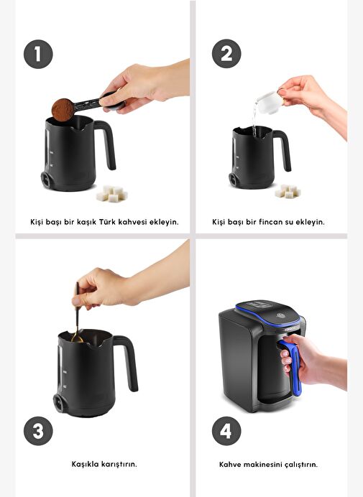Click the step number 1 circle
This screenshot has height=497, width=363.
(38, 54)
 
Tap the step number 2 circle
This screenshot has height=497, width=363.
(226, 54)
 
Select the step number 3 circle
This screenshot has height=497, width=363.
(38, 431)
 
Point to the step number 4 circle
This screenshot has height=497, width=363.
(226, 431)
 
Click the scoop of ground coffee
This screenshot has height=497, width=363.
(63, 110)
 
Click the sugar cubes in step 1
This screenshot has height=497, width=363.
(112, 194)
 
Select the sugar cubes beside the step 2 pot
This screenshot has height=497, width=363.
(288, 191)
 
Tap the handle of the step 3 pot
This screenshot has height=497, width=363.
(129, 361)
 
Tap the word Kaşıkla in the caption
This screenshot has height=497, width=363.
(85, 464)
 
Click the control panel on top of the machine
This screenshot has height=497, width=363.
(259, 305)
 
